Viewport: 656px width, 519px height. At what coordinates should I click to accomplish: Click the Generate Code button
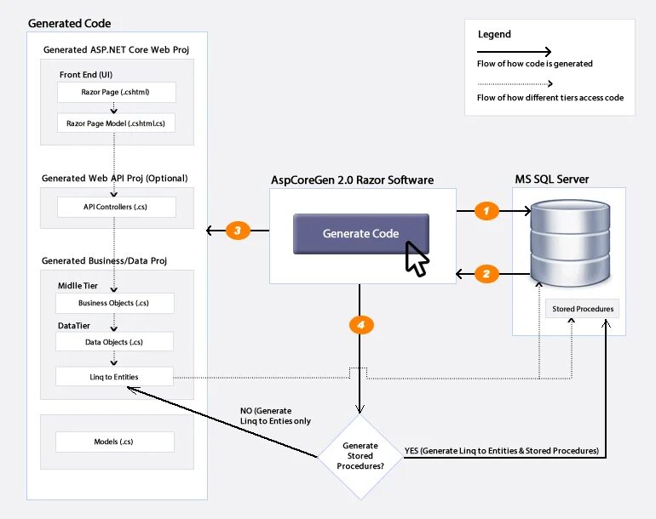(361, 234)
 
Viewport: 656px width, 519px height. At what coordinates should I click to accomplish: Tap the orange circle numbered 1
(486, 211)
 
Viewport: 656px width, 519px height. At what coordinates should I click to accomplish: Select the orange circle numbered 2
(486, 274)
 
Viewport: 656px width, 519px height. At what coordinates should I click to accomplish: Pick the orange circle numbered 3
(238, 231)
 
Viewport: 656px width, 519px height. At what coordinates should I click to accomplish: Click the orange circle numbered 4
(361, 325)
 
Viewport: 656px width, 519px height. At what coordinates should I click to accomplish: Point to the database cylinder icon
(570, 242)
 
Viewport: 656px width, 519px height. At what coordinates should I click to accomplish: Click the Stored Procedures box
(583, 309)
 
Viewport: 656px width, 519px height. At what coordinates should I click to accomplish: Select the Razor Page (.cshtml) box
(117, 92)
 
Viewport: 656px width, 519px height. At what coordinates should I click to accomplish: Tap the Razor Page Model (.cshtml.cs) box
(116, 123)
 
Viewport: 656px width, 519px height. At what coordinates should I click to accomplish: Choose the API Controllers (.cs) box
(117, 207)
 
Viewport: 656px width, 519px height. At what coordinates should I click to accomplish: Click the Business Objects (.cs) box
(115, 303)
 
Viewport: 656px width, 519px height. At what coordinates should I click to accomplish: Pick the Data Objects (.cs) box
(114, 342)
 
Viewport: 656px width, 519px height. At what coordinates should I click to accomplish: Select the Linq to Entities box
(114, 377)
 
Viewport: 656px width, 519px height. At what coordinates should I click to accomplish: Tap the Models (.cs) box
(115, 442)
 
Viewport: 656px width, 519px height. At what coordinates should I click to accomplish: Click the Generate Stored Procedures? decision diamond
(360, 456)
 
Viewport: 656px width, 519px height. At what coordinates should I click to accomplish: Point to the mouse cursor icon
(417, 259)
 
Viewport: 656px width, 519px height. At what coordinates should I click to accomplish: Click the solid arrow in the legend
(515, 52)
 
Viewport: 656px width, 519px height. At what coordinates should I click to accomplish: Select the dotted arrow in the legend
(515, 84)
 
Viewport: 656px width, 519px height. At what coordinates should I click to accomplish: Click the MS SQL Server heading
(552, 180)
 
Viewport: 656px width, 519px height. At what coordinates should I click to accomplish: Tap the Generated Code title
(70, 24)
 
